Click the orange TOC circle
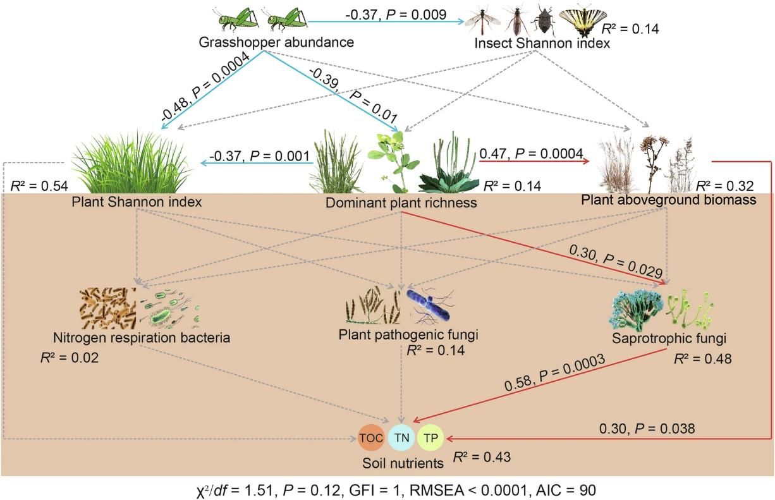[371, 437]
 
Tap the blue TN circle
[401, 437]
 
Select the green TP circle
[430, 437]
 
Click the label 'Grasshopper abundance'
[276, 42]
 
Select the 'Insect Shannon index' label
[542, 43]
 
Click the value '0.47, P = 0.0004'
[532, 154]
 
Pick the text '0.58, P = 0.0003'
[554, 372]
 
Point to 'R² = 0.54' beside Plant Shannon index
[39, 186]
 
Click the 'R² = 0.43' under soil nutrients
[482, 457]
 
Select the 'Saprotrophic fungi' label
[669, 338]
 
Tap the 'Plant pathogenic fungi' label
[408, 334]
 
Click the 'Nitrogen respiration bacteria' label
[142, 338]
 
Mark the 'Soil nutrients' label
[403, 463]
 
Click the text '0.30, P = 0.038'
[647, 429]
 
